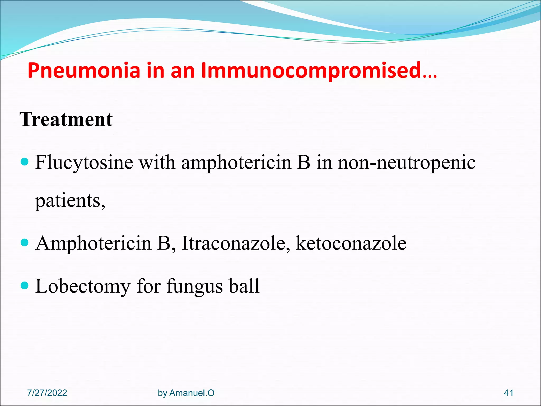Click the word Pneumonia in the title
coord(84,71)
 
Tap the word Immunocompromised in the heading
coord(311,71)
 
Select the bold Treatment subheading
coord(66,119)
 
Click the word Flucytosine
coord(84,163)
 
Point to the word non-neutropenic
coord(407,163)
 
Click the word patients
coord(70,201)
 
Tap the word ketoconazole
coord(351,243)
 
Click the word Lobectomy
coord(83,286)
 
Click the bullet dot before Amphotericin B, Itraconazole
coord(24,242)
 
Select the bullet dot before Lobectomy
coord(24,285)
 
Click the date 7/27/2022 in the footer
coord(47,393)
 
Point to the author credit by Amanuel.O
coord(186,393)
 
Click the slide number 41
coord(509,393)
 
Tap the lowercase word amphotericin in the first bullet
coord(236,163)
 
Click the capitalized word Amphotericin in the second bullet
coord(94,243)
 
